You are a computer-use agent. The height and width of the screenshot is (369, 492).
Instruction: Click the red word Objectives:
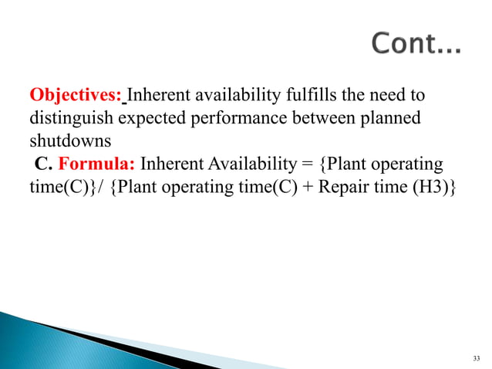(76, 96)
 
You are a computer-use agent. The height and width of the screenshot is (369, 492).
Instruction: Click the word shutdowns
(64, 142)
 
